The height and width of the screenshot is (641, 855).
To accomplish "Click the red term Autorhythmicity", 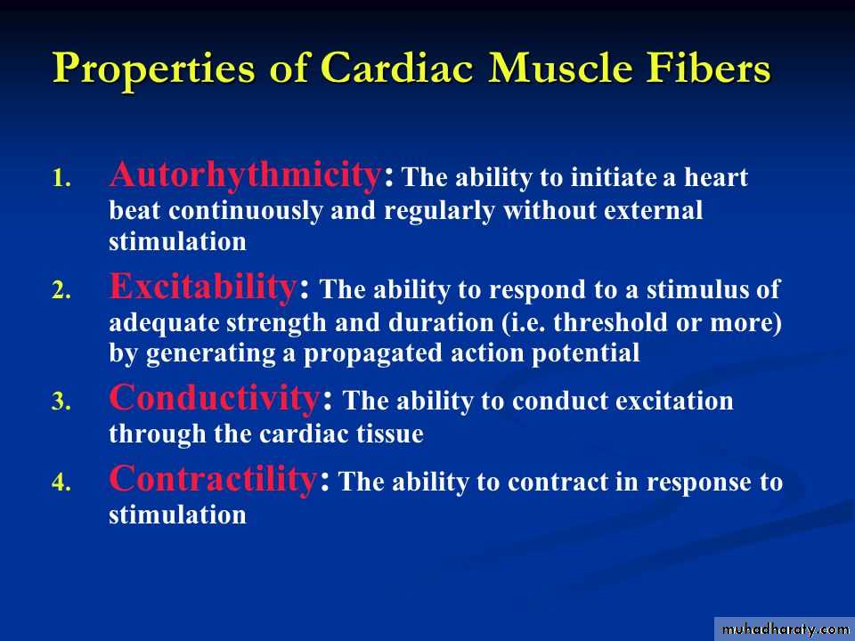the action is pos(246,175).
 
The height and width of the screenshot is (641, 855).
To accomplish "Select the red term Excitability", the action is pos(203,287).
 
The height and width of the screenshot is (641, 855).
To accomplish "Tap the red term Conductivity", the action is pos(215,397).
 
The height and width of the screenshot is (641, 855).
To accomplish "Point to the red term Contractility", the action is pos(213,479).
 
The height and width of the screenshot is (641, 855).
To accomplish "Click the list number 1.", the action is pos(61,179).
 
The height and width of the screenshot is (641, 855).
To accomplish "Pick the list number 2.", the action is pos(61,290).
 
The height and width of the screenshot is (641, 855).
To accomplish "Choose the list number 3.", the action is pos(61,402).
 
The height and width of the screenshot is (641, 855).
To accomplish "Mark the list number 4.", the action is pos(61,483).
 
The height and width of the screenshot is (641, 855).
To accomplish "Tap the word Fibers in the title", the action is pos(708,68).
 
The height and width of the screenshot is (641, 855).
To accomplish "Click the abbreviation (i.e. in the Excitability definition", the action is pos(524,322).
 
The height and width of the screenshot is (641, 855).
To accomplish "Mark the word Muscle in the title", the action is pos(560,68).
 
